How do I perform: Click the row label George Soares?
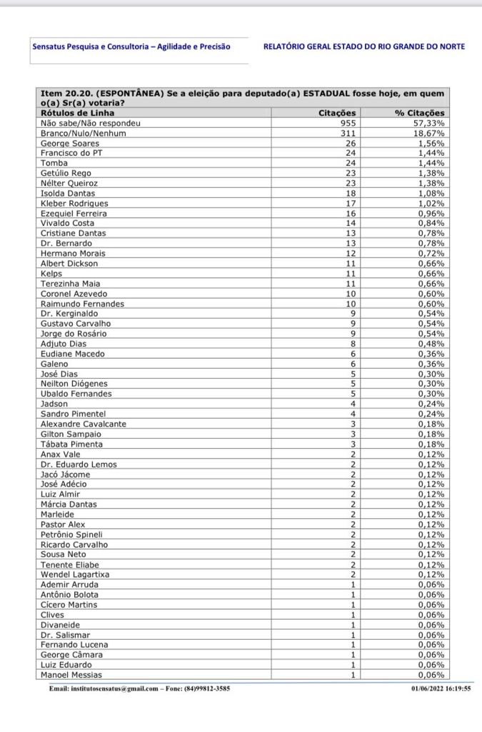(69, 143)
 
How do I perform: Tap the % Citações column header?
(419, 113)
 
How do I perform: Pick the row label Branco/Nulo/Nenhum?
(83, 133)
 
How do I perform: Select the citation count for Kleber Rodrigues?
(350, 203)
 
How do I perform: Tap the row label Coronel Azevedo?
(74, 293)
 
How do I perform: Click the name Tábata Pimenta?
(71, 444)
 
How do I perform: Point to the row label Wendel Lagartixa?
(75, 574)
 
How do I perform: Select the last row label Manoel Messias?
(71, 675)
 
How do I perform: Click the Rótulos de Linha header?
(77, 113)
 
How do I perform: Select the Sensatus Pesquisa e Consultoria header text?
(131, 46)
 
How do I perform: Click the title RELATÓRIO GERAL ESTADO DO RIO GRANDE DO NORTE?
(363, 46)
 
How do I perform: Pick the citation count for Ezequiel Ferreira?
(350, 213)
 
